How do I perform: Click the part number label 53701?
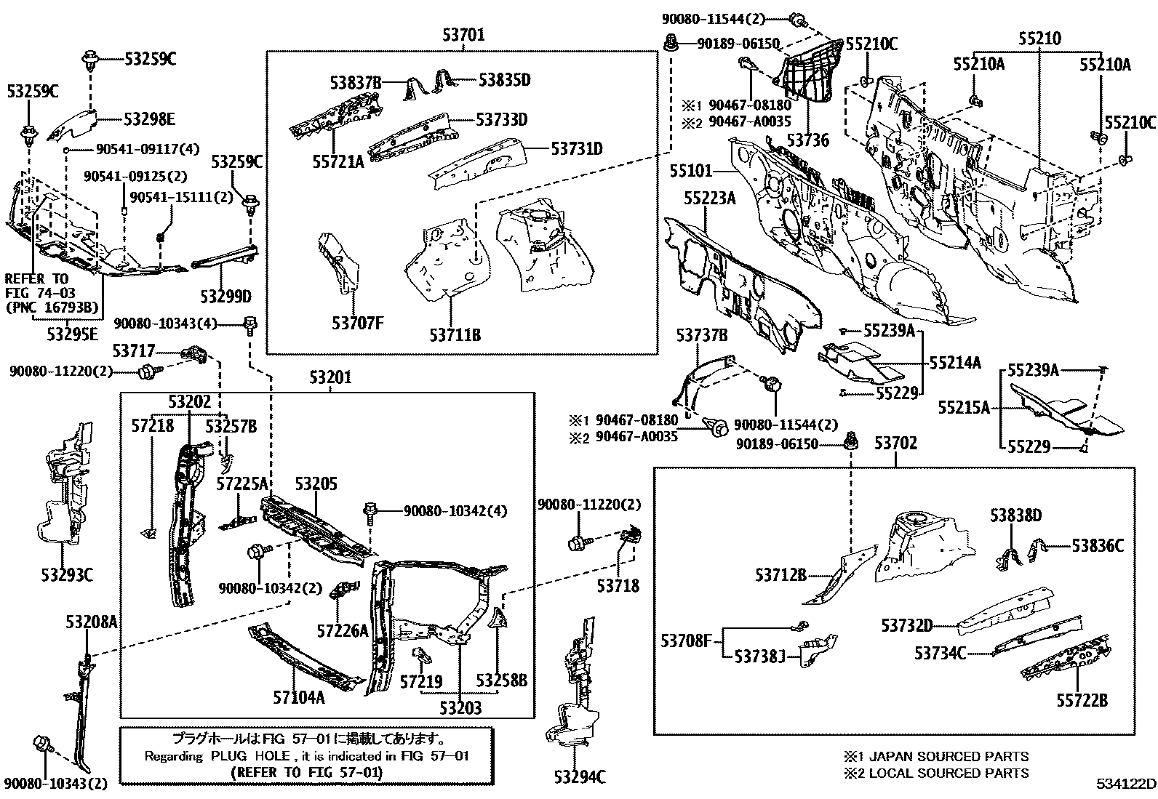(x=463, y=35)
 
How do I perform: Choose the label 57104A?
(x=299, y=697)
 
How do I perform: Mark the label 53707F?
(x=356, y=324)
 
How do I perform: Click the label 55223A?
(x=709, y=198)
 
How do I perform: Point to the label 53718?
(x=618, y=585)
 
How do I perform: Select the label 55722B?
(x=1082, y=700)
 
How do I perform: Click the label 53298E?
(x=150, y=119)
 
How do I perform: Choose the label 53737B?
(x=702, y=334)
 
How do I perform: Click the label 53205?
(x=316, y=483)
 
